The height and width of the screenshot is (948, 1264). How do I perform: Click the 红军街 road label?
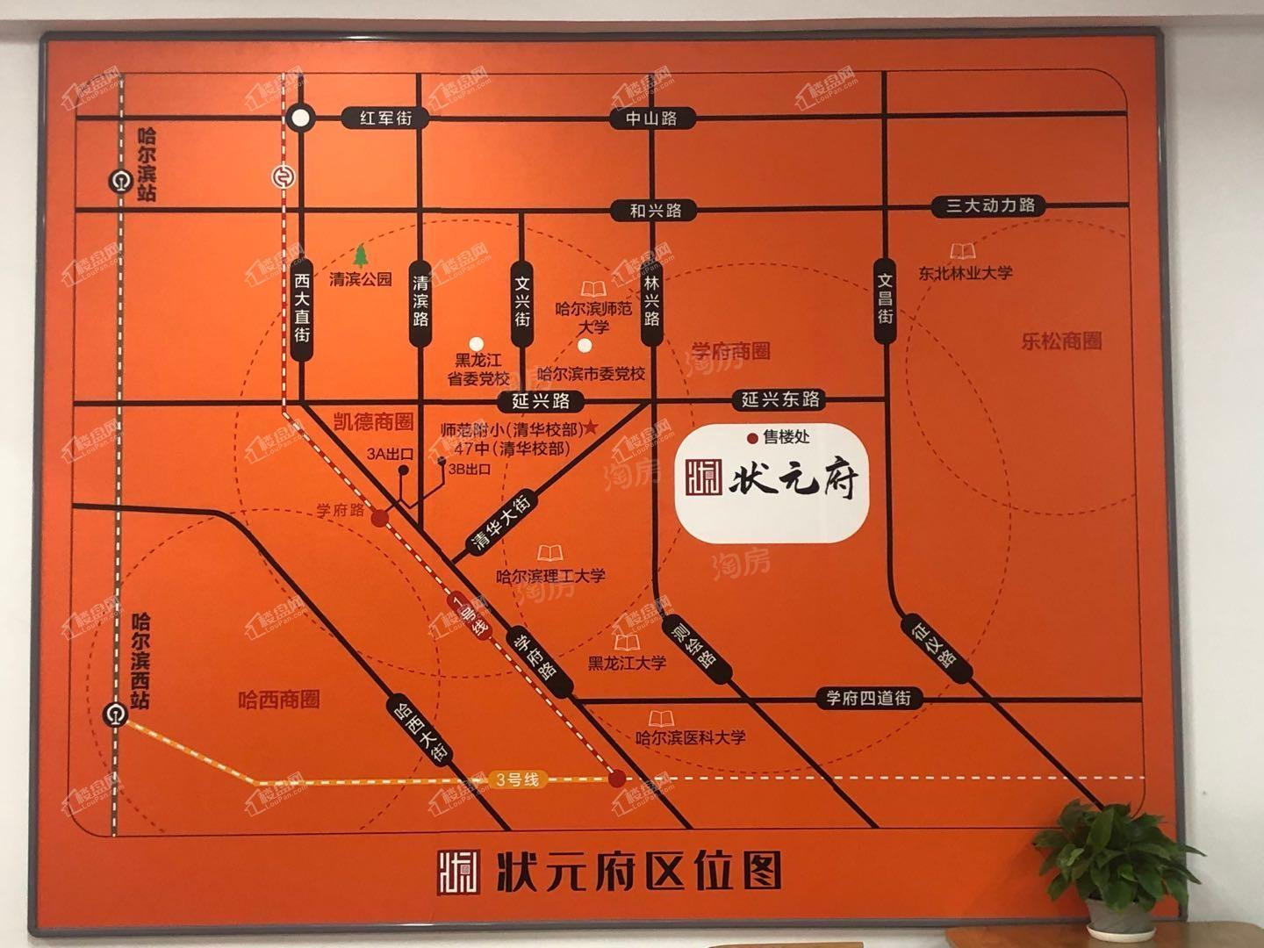[385, 118]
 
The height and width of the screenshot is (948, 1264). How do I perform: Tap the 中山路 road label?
[651, 118]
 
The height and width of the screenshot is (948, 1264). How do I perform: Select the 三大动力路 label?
[990, 206]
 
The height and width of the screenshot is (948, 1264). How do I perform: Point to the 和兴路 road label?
[656, 211]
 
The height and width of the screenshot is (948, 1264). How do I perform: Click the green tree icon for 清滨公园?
[360, 255]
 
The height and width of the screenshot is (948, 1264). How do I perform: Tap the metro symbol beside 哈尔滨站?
[118, 182]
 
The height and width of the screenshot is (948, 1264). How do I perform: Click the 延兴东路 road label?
[779, 400]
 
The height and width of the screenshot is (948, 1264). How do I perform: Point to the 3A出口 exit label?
[384, 453]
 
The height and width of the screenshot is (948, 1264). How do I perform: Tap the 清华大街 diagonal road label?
[501, 524]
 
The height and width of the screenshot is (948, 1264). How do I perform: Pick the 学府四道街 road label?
[868, 699]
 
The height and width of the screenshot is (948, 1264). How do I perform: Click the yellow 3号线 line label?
[516, 779]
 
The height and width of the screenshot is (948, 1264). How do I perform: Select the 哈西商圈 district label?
[279, 700]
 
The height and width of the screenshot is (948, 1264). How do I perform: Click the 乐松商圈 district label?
[1061, 341]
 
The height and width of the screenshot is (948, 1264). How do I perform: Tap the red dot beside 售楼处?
[751, 437]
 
